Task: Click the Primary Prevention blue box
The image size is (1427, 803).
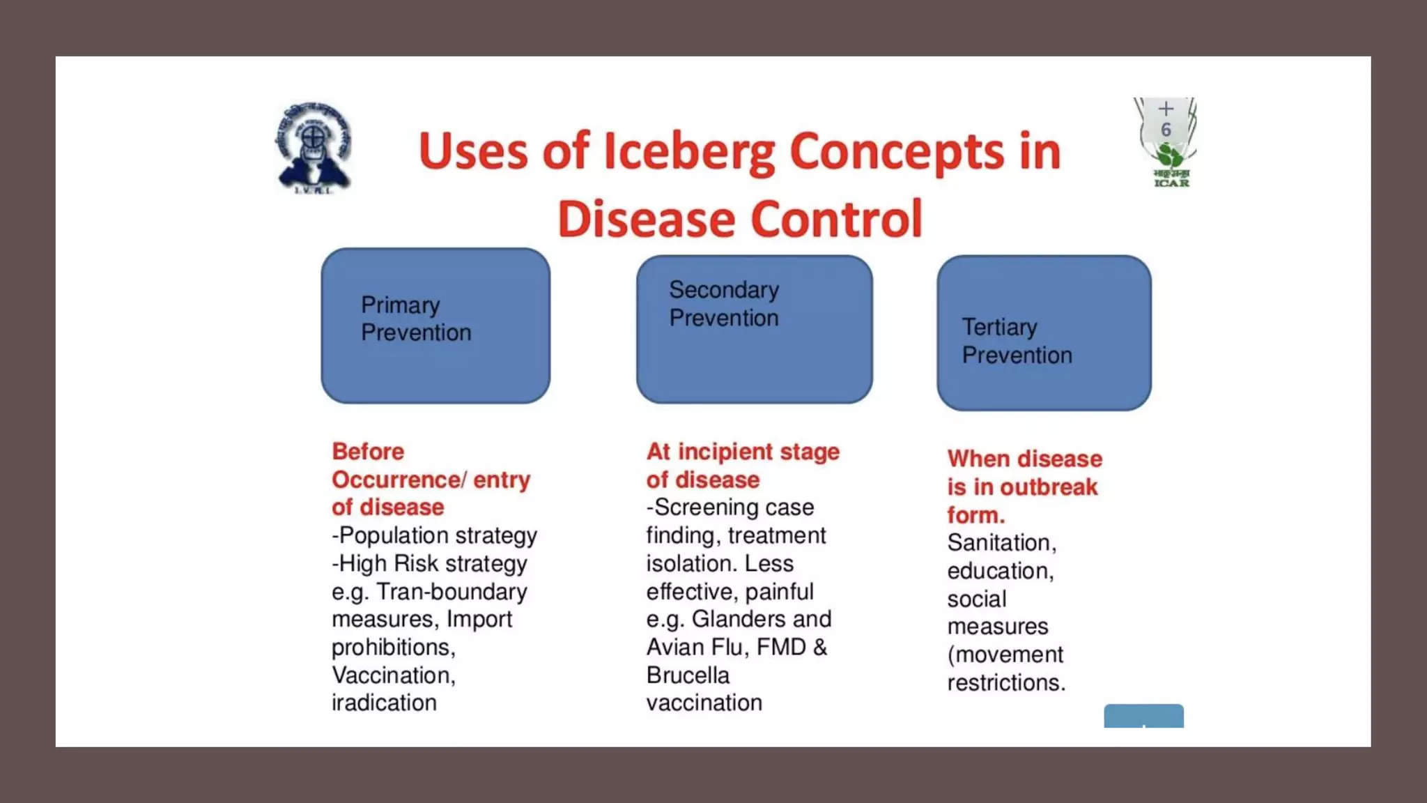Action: point(435,326)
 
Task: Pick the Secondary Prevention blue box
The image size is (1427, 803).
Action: point(754,329)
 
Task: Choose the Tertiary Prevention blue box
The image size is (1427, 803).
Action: point(1043,332)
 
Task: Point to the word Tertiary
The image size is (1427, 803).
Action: point(999,327)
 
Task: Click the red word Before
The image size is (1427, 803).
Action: point(368,452)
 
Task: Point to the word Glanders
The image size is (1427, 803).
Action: point(739,619)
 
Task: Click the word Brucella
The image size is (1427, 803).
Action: point(687,675)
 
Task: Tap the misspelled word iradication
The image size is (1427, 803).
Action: point(384,703)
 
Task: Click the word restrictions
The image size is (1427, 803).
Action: point(1005,682)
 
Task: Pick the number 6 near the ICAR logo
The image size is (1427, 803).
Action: point(1166,130)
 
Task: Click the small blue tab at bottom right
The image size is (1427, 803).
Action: point(1143,716)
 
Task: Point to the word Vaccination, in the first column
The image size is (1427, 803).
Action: point(393,675)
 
